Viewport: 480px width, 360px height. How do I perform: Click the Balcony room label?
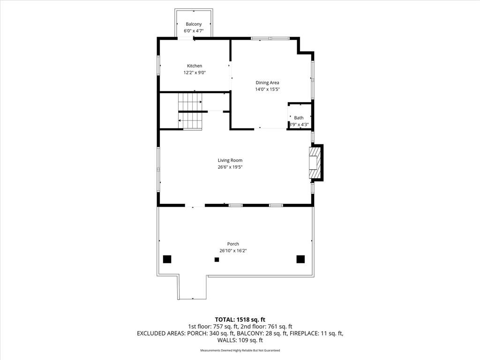(194, 24)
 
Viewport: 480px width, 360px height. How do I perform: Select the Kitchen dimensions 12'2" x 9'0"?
(195, 73)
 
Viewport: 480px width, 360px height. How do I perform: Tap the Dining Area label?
(267, 82)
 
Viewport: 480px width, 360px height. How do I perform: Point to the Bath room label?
(299, 118)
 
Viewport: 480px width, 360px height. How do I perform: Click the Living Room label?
(230, 160)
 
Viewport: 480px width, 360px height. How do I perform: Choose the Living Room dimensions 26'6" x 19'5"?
(230, 167)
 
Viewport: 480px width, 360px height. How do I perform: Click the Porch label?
(233, 244)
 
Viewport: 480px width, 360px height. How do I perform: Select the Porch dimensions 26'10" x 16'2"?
(233, 251)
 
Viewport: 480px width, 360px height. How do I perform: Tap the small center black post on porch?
(217, 260)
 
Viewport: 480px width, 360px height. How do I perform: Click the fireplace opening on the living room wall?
(313, 163)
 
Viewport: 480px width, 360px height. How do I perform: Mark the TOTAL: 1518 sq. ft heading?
(240, 320)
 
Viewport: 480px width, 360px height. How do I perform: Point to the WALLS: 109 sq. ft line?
(240, 340)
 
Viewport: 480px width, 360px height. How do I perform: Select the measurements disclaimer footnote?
(240, 351)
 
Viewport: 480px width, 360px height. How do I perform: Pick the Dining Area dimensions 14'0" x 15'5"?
(268, 90)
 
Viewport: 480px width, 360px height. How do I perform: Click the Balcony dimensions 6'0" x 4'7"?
(194, 30)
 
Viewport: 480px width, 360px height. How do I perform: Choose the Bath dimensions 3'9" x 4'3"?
(299, 125)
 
